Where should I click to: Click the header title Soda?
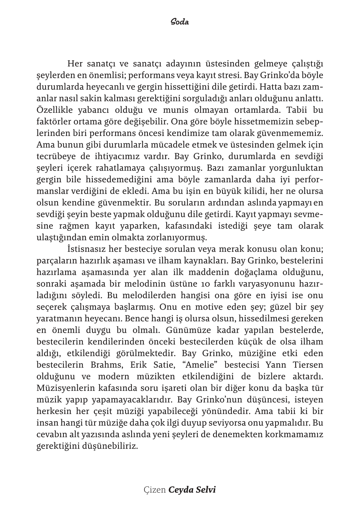tap(180, 22)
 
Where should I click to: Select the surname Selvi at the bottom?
tap(206, 490)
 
